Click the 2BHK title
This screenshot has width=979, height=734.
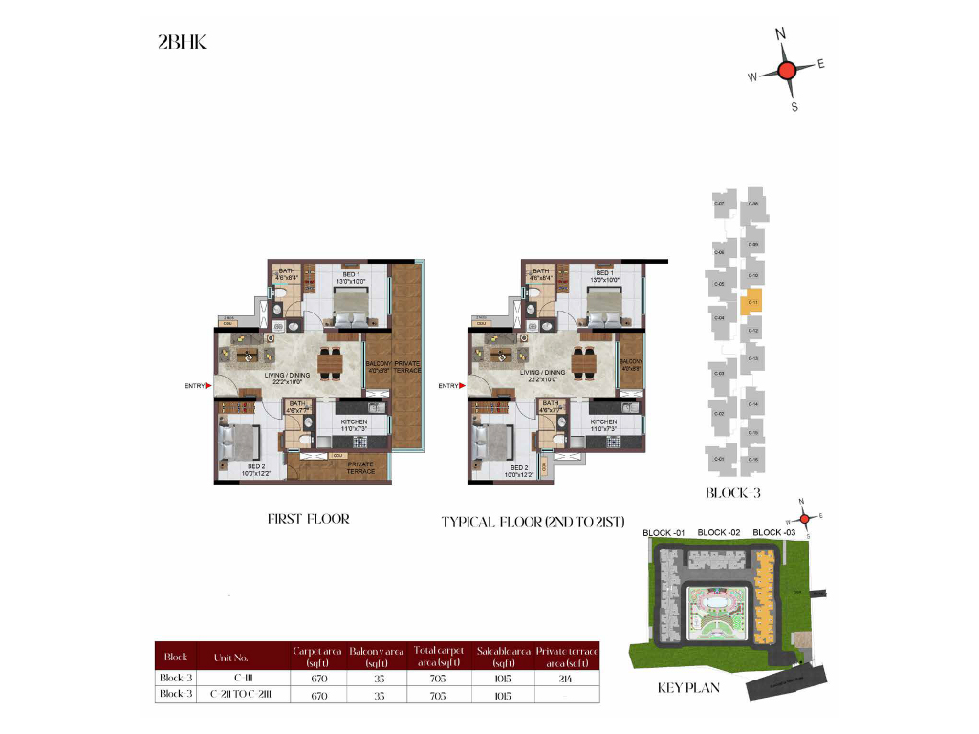pyautogui.click(x=182, y=42)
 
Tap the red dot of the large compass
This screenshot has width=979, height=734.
pyautogui.click(x=787, y=70)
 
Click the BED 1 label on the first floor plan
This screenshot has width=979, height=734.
pyautogui.click(x=350, y=274)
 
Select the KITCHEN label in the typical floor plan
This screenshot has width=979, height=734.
pyautogui.click(x=603, y=421)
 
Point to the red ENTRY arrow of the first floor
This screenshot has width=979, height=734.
pyautogui.click(x=207, y=386)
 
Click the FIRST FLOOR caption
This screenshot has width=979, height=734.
pyautogui.click(x=308, y=519)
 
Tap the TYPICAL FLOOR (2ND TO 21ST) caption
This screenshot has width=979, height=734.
pyautogui.click(x=533, y=522)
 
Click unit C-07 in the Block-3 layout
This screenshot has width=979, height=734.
pyautogui.click(x=719, y=205)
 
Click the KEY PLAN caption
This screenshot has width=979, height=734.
pyautogui.click(x=687, y=687)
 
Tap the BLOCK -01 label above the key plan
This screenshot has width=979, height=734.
pyautogui.click(x=664, y=532)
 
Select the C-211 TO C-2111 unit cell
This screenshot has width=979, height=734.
pyautogui.click(x=240, y=694)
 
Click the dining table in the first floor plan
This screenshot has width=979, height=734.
pyautogui.click(x=331, y=363)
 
